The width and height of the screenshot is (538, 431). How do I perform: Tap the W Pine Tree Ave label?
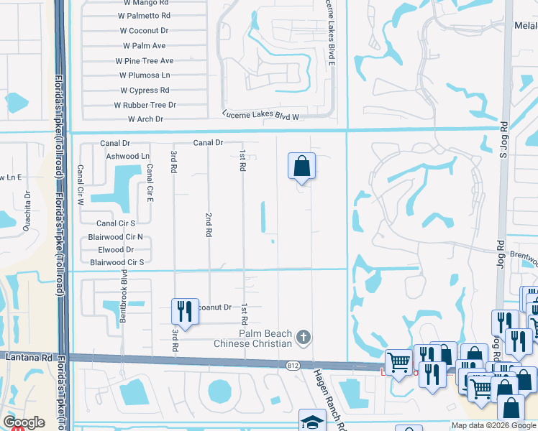coord(147,61)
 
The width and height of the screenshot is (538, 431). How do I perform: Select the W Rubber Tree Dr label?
coord(145,105)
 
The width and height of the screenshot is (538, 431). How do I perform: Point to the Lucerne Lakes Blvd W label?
coord(260,115)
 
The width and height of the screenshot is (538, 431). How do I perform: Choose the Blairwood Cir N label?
coord(115,236)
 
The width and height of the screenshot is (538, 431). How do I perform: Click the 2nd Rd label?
coord(209,225)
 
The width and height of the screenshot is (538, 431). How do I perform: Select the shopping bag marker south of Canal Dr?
coord(302,166)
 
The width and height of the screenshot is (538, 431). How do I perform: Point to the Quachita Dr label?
coord(28,203)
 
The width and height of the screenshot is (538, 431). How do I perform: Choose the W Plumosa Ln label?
coord(145,75)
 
